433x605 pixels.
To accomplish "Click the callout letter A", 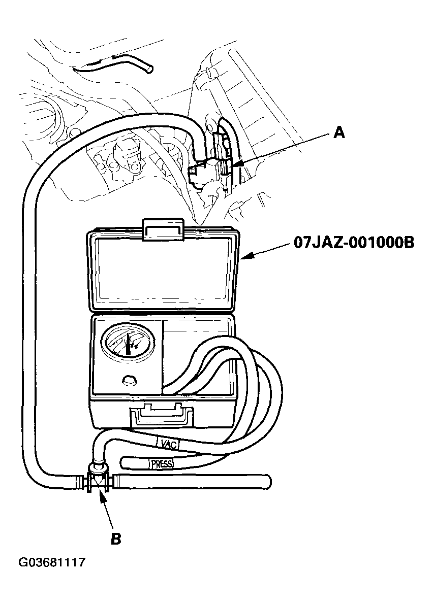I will (339, 133).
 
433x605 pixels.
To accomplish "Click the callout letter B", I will (116, 539).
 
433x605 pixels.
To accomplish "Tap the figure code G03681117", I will (51, 563).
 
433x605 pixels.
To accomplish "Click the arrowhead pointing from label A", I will (235, 163).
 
